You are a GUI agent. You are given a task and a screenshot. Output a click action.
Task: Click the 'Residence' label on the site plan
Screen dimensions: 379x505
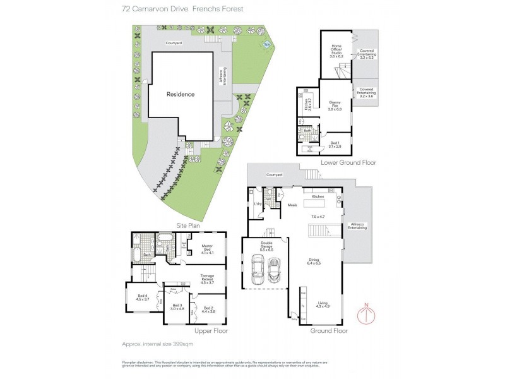click(x=181, y=94)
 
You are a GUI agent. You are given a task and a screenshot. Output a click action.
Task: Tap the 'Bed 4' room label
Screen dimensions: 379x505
click(x=143, y=298)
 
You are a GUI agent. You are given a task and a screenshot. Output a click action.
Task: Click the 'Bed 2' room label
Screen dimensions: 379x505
click(x=209, y=310)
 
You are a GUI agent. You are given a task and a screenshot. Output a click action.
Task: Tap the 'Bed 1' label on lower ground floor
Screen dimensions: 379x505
click(x=335, y=145)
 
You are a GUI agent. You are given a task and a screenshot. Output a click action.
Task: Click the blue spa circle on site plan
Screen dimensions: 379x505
click(x=267, y=44)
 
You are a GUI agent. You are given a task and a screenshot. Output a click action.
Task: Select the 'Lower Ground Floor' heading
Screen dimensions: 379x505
click(x=348, y=163)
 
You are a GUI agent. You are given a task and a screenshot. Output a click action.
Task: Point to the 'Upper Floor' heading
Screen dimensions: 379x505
click(x=210, y=330)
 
